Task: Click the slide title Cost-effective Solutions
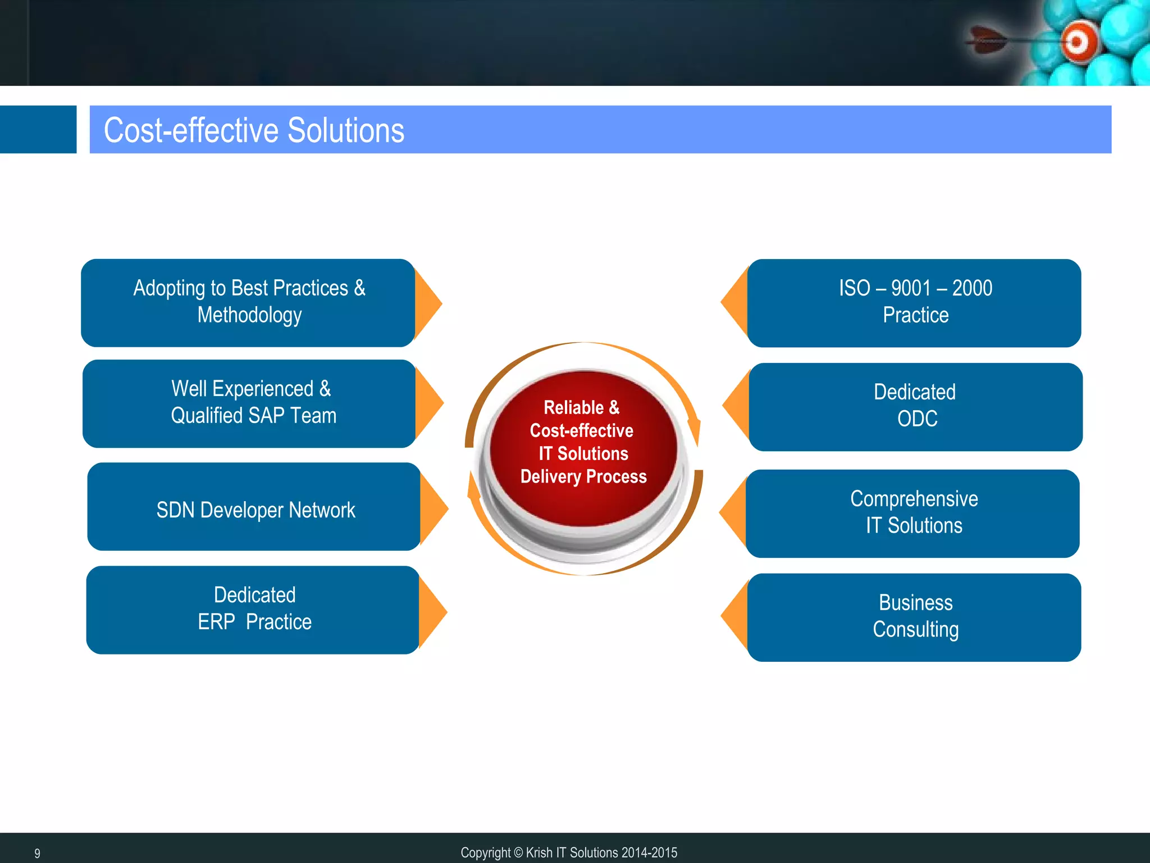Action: (254, 130)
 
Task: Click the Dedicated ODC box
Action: (915, 406)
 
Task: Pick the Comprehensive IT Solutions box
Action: (913, 513)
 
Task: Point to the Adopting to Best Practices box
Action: (248, 302)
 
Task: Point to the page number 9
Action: (37, 853)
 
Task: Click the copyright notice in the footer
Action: (568, 852)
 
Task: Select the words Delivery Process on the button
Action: (583, 476)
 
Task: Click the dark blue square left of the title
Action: (38, 129)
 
